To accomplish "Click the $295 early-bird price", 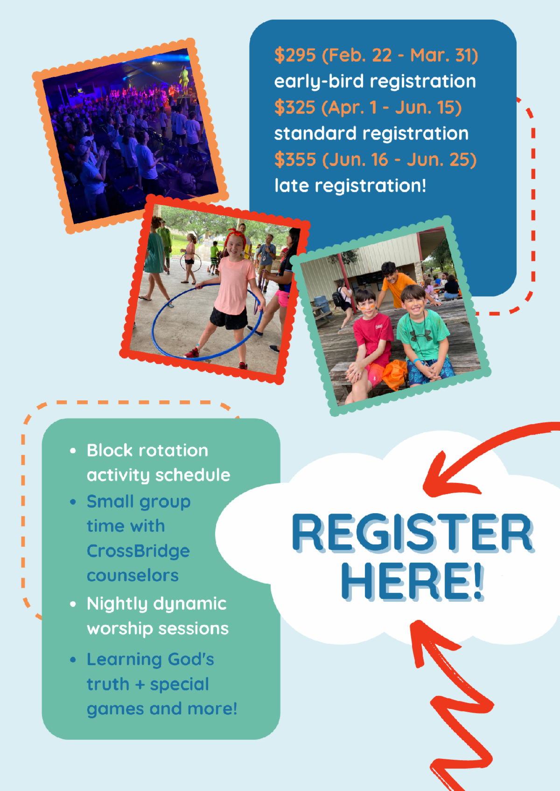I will tap(295, 55).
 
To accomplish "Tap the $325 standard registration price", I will tap(295, 108).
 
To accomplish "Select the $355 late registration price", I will tap(295, 160).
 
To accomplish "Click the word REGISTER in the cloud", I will tap(412, 532).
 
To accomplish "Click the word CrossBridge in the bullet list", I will tap(138, 551).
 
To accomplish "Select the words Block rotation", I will tap(147, 451).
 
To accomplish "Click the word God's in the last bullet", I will tap(191, 660).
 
